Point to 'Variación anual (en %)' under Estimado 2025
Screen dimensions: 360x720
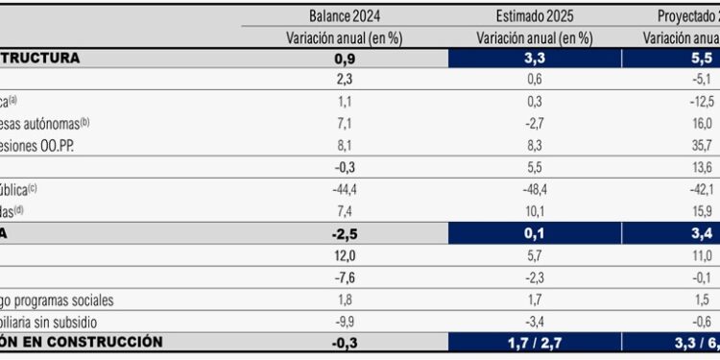534,37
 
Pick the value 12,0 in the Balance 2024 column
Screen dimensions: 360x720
348,256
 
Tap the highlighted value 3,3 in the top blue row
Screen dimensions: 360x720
535,59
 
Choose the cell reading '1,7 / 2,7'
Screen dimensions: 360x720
535,342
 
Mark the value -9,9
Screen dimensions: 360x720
348,322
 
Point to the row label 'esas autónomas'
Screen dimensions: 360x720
43,123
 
